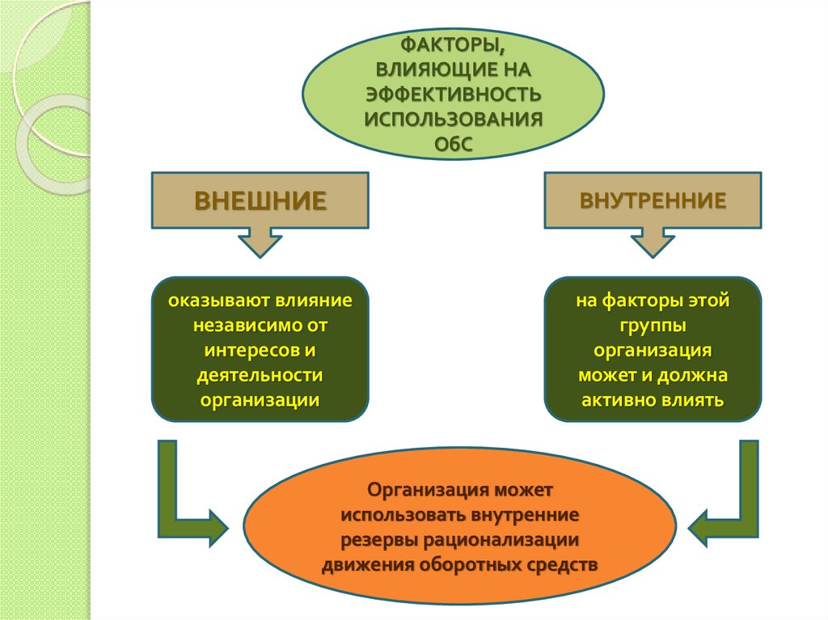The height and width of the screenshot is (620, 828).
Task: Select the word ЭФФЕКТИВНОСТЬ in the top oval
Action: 452,95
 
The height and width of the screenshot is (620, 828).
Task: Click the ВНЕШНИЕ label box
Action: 260,199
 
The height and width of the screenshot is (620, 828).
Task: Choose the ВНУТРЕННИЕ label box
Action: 653,199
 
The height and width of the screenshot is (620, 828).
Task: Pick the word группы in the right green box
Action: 653,326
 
